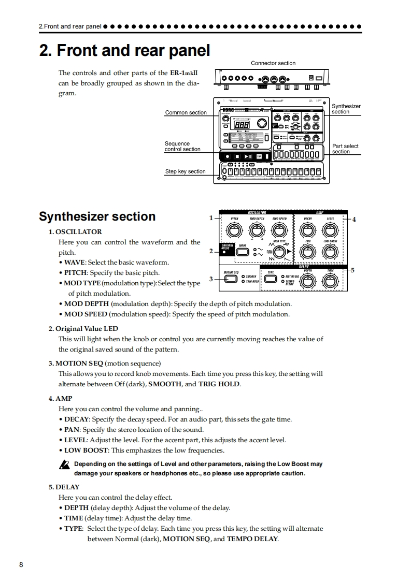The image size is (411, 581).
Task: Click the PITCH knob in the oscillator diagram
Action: [x=234, y=229]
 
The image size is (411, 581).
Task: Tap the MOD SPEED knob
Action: [x=279, y=229]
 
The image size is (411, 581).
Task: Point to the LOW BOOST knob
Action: [x=330, y=253]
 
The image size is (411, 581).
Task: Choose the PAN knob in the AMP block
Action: [x=308, y=253]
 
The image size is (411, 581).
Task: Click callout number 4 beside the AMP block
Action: [x=354, y=219]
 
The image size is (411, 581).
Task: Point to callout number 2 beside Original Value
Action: [x=211, y=251]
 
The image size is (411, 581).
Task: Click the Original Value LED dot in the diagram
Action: [x=224, y=252]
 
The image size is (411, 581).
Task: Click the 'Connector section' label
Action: [x=273, y=63]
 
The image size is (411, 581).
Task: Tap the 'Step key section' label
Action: [x=185, y=171]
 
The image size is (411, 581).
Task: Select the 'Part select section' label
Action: [x=345, y=149]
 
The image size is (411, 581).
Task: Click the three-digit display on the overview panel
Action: [x=243, y=124]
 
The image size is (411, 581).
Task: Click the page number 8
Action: [x=21, y=564]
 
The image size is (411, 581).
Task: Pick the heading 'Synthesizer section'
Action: [x=97, y=216]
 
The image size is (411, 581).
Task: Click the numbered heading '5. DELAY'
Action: [x=64, y=487]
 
